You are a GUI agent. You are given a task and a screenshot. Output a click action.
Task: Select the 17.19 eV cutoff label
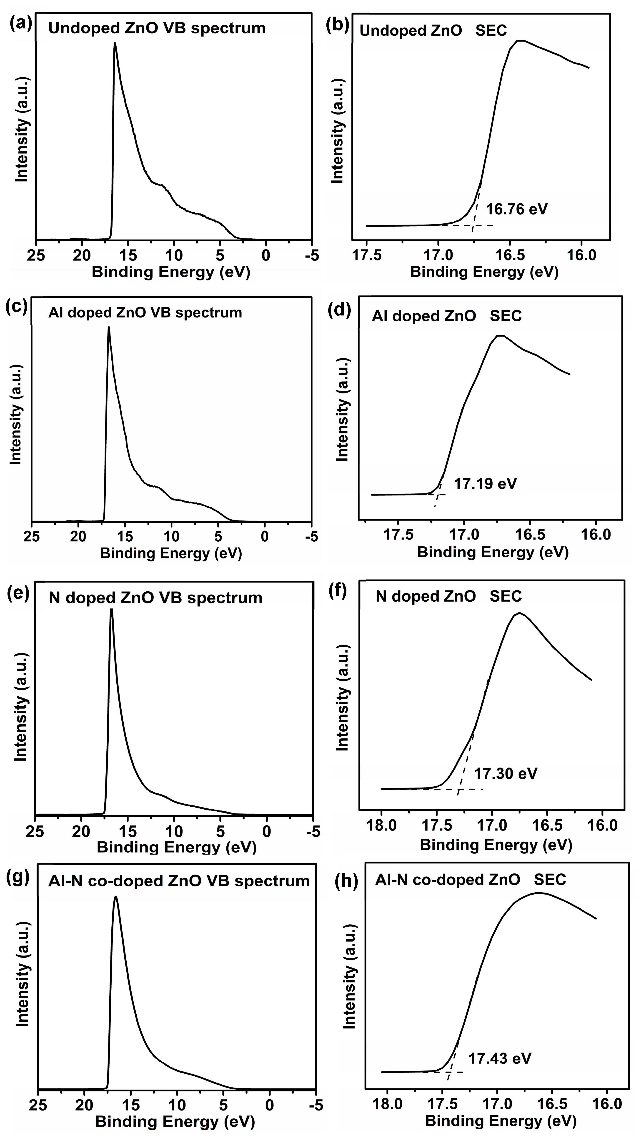click(x=485, y=484)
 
